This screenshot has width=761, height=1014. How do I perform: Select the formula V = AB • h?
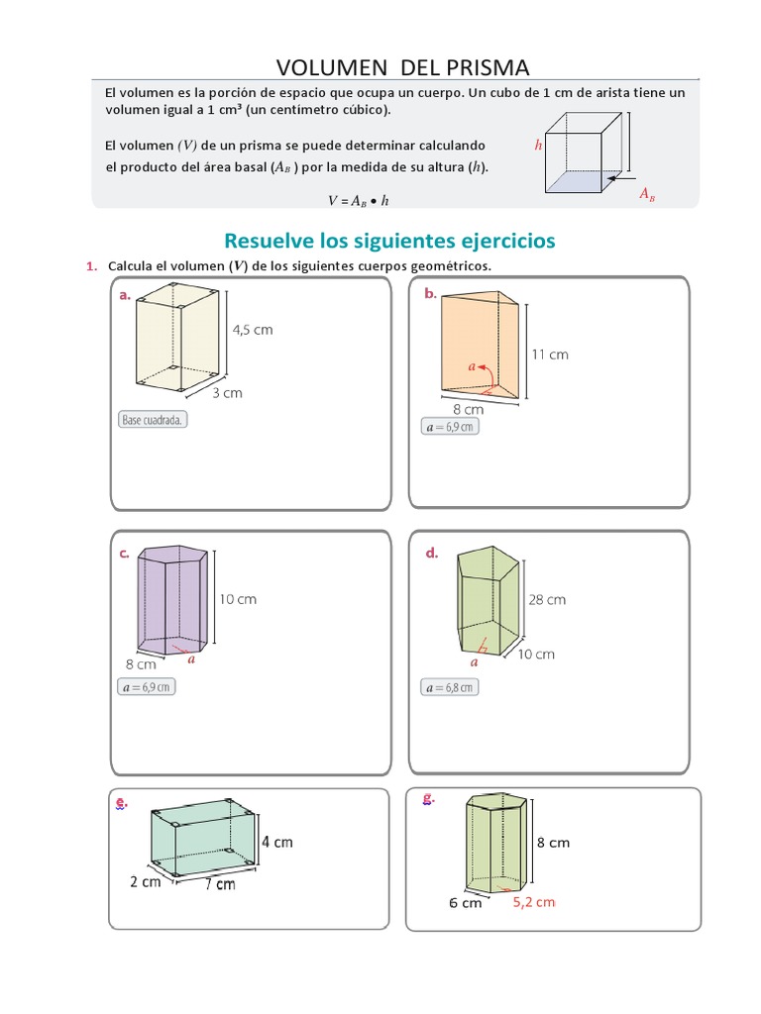359,199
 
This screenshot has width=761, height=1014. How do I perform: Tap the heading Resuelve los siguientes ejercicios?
390,240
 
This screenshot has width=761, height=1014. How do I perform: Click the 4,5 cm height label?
253,330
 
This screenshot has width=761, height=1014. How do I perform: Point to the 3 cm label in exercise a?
227,392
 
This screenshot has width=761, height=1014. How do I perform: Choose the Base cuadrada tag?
153,420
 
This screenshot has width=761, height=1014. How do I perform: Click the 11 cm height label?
551,355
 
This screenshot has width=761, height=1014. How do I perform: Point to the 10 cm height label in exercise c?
238,599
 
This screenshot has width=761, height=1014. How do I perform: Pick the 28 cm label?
548,599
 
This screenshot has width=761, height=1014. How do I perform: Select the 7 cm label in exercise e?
220,883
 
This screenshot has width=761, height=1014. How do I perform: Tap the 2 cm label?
145,881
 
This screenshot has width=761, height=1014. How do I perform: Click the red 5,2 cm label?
534,901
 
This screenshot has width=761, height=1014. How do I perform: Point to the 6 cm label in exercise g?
465,903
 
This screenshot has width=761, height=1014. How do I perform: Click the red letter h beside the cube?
538,145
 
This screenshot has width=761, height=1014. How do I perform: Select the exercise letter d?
431,554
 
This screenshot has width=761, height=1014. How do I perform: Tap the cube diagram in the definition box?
586,152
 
